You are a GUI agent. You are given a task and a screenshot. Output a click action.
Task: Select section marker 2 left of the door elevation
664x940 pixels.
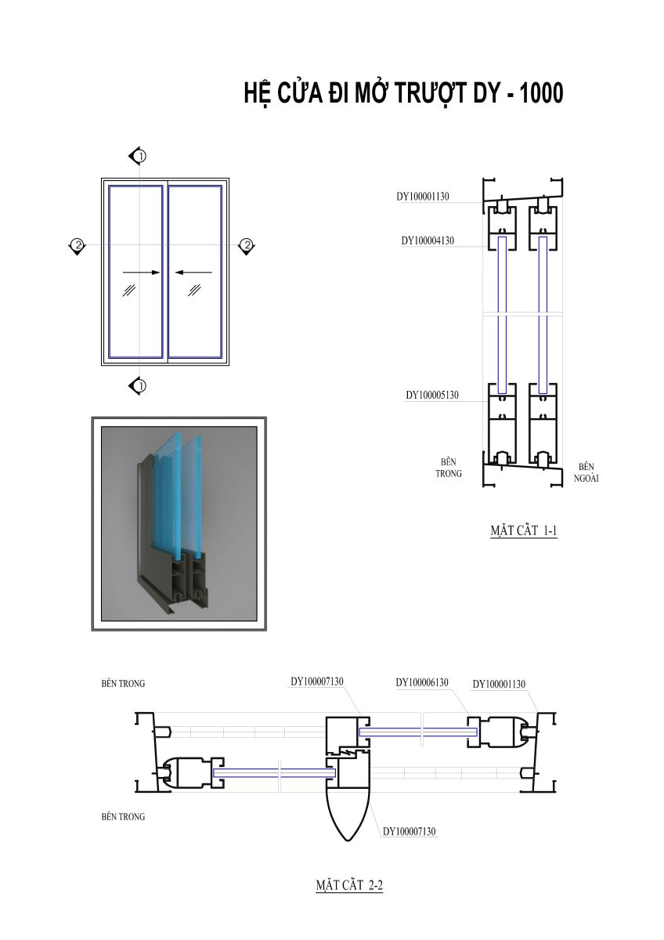(78, 246)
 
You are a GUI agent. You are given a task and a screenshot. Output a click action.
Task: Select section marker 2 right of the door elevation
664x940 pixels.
(247, 246)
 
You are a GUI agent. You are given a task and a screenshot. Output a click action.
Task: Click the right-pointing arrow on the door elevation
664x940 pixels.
(142, 273)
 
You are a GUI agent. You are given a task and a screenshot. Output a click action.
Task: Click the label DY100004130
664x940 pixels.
(428, 241)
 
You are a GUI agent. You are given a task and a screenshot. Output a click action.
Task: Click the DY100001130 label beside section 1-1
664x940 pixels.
(423, 197)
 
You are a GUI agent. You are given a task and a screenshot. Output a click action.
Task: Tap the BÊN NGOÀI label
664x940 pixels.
(586, 472)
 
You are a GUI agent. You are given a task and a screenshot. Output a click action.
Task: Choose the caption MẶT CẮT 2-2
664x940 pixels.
(349, 886)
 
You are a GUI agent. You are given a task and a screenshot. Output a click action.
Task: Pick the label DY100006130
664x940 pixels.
(422, 683)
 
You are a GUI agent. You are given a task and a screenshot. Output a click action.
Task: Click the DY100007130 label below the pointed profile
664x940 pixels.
(410, 832)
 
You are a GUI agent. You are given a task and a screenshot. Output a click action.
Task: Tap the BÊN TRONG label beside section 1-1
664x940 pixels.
(449, 468)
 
